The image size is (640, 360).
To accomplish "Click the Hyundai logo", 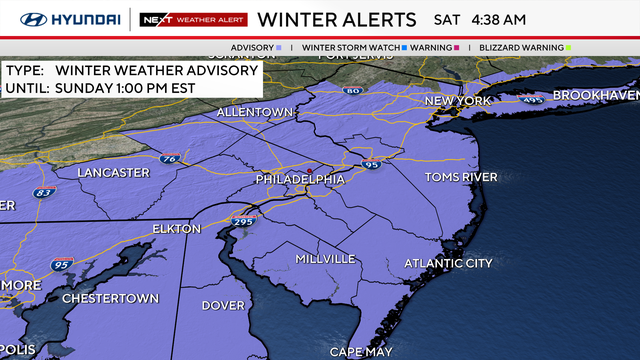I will pos(62,19).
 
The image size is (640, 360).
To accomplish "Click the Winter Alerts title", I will pos(337,19).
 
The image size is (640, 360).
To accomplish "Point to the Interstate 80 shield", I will pos(352,92).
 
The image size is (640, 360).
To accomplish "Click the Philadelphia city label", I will pos(300,179).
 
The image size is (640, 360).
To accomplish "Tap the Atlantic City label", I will pos(448,263).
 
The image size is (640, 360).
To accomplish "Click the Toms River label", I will pos(461,177).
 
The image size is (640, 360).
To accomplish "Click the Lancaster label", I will pos(115,172).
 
